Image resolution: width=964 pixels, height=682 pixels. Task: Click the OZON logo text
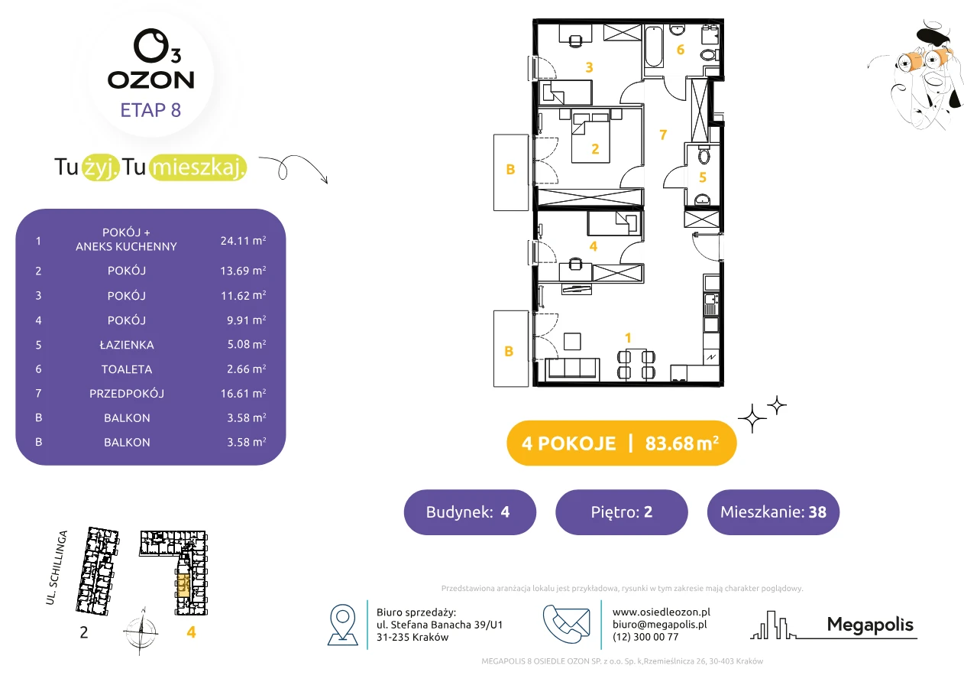[150, 80]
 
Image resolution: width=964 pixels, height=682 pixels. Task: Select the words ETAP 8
[150, 110]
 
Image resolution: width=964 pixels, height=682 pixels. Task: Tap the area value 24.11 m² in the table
[243, 240]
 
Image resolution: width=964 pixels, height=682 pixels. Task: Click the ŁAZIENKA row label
[127, 345]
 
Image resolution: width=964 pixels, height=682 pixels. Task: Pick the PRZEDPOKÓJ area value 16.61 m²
[243, 393]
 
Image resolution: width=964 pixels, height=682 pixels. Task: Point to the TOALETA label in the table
[127, 369]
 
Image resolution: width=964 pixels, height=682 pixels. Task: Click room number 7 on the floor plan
[663, 135]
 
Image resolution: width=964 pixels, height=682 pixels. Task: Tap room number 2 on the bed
[595, 149]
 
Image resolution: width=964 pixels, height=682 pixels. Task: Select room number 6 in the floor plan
[681, 50]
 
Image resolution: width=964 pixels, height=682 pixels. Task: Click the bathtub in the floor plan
[654, 47]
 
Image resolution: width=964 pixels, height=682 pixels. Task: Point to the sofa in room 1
[572, 369]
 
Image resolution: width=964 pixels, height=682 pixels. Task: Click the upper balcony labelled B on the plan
[511, 172]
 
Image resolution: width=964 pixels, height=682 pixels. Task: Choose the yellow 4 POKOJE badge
[622, 443]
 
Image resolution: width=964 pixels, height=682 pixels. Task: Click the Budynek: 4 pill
[470, 511]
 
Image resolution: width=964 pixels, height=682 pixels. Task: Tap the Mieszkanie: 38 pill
[773, 511]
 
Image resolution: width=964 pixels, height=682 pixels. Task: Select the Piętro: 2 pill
[622, 511]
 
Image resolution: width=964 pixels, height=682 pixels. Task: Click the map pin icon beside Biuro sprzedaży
[342, 624]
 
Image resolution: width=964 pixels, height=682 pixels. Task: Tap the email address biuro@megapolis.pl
[660, 624]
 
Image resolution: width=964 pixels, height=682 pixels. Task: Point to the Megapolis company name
[870, 625]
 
